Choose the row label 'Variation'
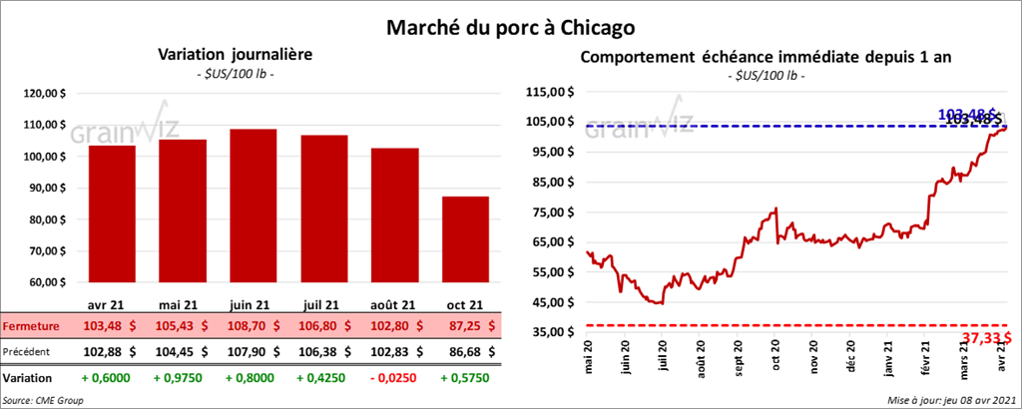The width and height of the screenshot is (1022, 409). pyautogui.click(x=28, y=379)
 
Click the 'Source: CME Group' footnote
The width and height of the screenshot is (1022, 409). pyautogui.click(x=44, y=399)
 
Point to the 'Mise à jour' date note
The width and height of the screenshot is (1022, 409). pyautogui.click(x=949, y=399)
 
